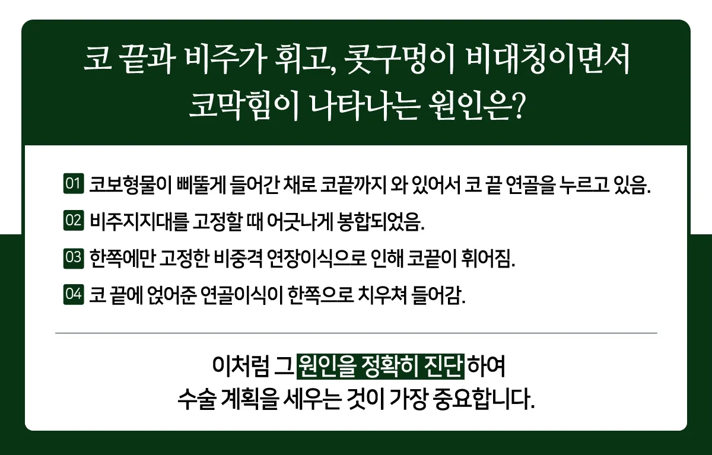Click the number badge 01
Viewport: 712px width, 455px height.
coord(74,184)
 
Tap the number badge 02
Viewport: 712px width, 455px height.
coord(74,220)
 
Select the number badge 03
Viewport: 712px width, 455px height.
coord(74,257)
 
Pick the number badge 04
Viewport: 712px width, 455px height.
coord(74,294)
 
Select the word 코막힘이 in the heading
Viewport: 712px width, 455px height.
coord(244,106)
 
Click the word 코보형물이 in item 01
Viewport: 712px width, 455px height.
coord(131,184)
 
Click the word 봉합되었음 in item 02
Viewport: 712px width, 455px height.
coord(380,221)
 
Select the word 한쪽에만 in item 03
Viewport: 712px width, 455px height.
coord(122,258)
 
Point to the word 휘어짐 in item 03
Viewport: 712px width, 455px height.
coord(488,258)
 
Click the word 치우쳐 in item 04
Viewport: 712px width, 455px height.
coord(382,295)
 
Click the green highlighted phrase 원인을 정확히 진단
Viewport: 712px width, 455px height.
coord(380,367)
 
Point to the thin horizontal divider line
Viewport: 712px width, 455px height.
coord(356,333)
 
